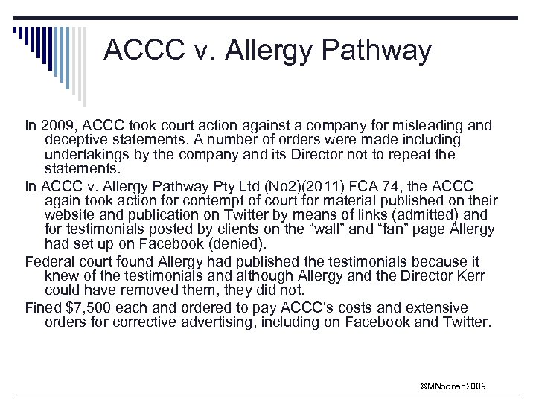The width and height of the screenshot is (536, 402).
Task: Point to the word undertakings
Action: [x=88, y=155]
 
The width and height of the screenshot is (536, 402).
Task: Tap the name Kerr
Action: [x=470, y=277]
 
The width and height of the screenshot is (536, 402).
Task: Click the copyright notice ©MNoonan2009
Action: [x=453, y=386]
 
